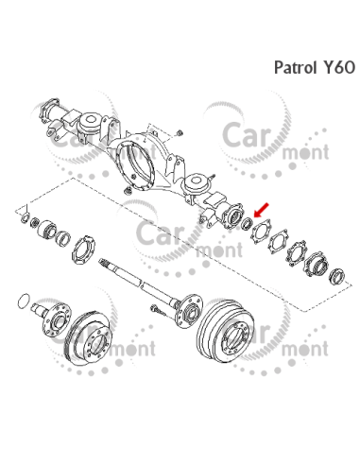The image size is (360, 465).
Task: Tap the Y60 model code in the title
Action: click(x=338, y=68)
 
